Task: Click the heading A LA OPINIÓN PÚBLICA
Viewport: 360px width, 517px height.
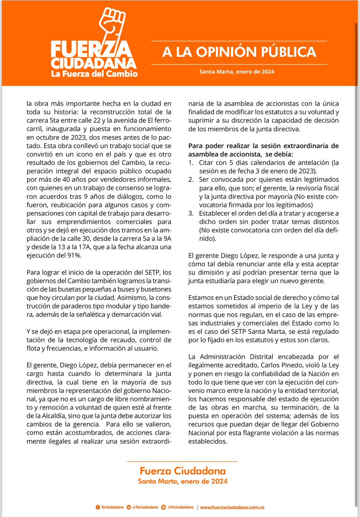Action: click(239, 52)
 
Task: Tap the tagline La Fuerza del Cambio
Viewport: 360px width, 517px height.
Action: click(94, 74)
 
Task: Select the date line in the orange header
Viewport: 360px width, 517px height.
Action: click(237, 72)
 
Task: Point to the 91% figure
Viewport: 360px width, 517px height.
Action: click(73, 255)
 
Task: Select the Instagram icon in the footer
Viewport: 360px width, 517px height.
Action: click(165, 507)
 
